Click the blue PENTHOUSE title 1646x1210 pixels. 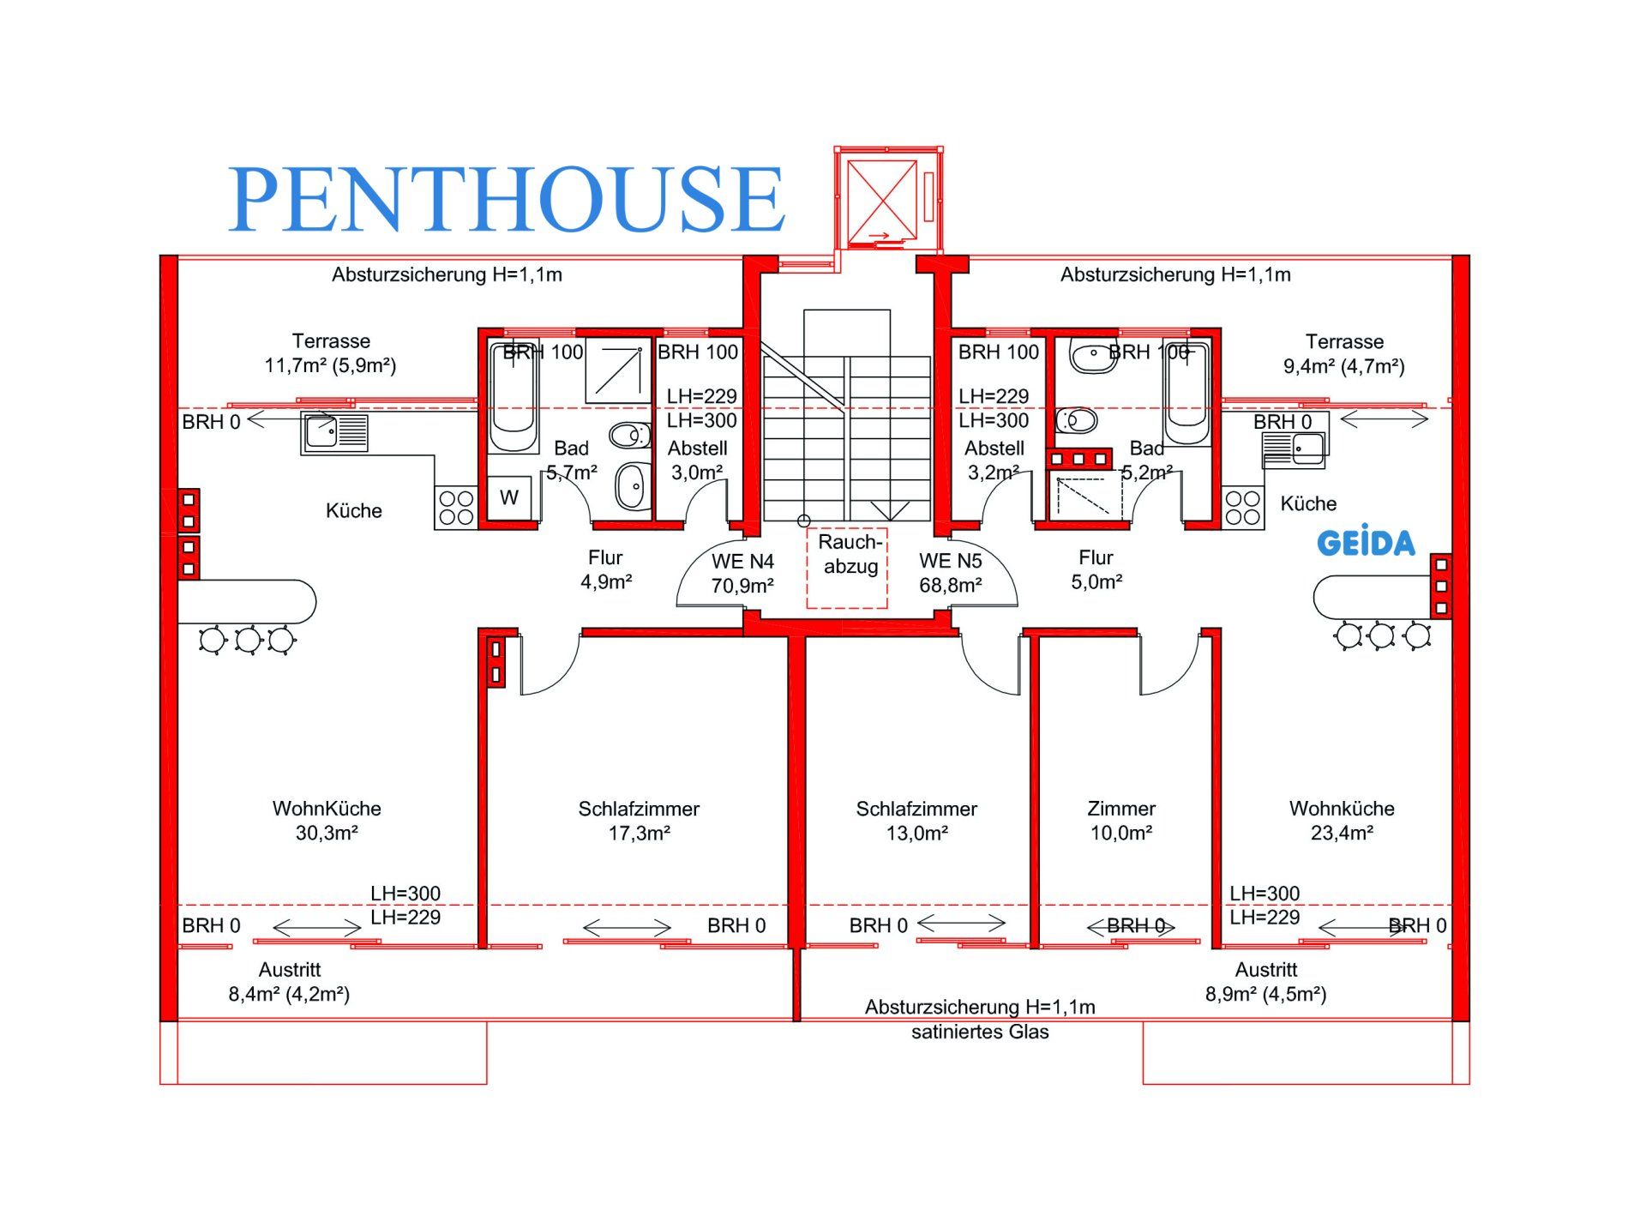tap(506, 199)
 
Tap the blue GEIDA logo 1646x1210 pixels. tap(1365, 543)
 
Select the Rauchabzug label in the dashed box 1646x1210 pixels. tap(849, 555)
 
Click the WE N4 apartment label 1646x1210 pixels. tap(742, 574)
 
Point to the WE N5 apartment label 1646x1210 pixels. tap(950, 573)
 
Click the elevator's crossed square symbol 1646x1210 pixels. tap(882, 199)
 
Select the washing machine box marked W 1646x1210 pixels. tap(509, 497)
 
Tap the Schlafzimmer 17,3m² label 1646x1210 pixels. tap(639, 821)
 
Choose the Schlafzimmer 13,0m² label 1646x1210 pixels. tap(916, 821)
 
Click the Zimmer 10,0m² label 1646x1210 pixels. tap(1120, 821)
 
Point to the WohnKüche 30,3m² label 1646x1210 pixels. tap(327, 821)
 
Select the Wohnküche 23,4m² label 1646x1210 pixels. tap(1342, 821)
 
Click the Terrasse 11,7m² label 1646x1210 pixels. tap(330, 353)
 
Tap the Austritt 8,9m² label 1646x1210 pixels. tap(1265, 982)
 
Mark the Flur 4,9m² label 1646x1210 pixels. tap(605, 569)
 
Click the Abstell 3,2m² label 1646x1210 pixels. tap(994, 461)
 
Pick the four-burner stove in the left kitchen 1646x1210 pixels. tap(455, 508)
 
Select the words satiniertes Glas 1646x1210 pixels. tap(980, 1032)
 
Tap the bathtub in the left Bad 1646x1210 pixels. tap(513, 396)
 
